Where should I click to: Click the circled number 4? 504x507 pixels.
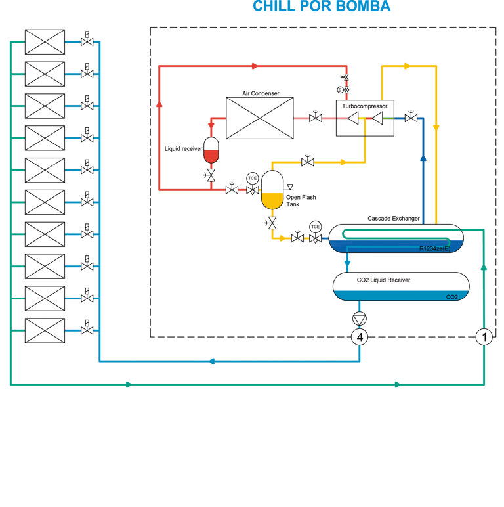tap(360, 338)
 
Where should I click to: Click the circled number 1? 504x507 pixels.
tap(484, 338)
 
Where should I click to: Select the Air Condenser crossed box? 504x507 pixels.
tap(260, 118)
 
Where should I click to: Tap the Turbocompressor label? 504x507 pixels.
tap(364, 106)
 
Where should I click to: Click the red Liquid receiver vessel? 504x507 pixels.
tap(211, 150)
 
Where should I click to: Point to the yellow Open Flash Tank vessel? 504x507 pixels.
tap(272, 190)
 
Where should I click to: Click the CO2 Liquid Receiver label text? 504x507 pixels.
tap(383, 280)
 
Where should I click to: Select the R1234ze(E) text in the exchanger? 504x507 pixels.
tap(434, 248)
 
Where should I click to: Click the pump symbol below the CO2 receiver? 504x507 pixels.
tap(359, 319)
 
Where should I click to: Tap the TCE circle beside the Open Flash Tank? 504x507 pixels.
tap(252, 178)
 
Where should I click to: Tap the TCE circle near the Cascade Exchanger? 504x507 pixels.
tap(315, 227)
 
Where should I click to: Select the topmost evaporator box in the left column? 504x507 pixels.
tap(45, 42)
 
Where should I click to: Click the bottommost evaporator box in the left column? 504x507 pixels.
tap(45, 330)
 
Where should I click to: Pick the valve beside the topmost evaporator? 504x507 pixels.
tap(87, 39)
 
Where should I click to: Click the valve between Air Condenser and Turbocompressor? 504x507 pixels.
tap(315, 117)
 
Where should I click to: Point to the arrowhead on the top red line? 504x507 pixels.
tap(255, 66)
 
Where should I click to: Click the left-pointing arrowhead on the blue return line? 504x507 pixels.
tap(211, 361)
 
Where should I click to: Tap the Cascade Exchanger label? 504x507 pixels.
tap(394, 219)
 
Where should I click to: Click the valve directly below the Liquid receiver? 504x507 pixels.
tap(210, 175)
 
